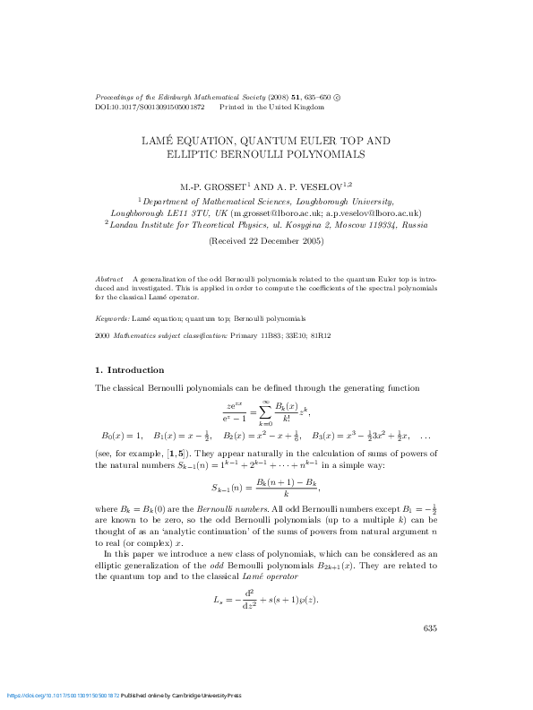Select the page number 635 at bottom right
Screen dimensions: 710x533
[429, 628]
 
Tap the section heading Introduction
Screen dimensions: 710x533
[136, 369]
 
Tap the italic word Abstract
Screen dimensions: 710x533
[109, 280]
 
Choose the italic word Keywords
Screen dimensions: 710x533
[111, 318]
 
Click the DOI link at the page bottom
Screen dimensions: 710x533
[63, 696]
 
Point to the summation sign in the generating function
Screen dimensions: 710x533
[266, 412]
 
